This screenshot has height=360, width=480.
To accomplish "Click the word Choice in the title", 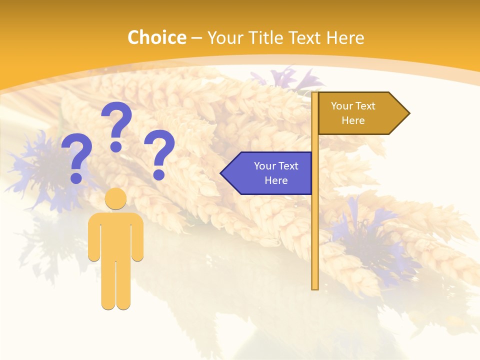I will click(x=156, y=37).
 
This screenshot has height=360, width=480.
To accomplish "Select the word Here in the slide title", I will click(x=345, y=37).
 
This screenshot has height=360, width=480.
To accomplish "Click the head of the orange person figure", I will click(x=115, y=198).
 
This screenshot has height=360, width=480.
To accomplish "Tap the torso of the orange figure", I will click(x=115, y=235).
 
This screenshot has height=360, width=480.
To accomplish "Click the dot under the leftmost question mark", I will click(x=76, y=177).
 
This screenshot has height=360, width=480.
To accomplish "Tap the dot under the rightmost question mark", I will click(x=159, y=174).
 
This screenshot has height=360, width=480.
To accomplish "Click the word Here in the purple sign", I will click(x=276, y=180).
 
